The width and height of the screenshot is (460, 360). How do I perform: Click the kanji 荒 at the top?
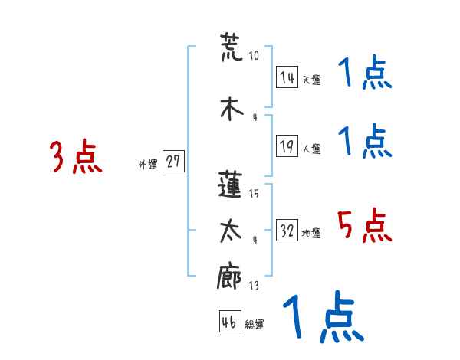(231, 47)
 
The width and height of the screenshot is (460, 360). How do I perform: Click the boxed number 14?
(287, 77)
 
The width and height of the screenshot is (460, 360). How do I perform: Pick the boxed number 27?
(173, 162)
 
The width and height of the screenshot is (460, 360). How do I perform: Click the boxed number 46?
(229, 322)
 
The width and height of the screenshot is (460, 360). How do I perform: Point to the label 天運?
(310, 80)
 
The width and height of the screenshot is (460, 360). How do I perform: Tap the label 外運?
(147, 165)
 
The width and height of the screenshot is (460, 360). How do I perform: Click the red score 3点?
(76, 158)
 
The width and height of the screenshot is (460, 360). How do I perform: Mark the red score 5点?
(365, 227)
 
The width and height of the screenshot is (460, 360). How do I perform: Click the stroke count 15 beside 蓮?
(254, 194)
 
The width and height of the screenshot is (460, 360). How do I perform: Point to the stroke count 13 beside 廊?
(253, 286)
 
